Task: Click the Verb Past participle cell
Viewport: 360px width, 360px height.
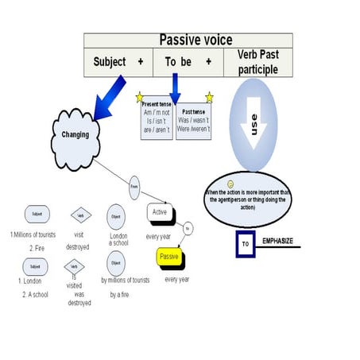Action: [x=259, y=61]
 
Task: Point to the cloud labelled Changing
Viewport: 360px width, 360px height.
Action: [x=75, y=134]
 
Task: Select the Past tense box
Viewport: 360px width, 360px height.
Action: [x=193, y=118]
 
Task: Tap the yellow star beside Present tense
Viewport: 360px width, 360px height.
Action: [x=140, y=98]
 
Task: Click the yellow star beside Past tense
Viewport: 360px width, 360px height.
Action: [x=210, y=98]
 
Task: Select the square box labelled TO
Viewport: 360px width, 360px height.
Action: [x=246, y=245]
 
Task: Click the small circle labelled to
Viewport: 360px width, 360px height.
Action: [x=188, y=228]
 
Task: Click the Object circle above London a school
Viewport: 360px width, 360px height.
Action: [x=116, y=215]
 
